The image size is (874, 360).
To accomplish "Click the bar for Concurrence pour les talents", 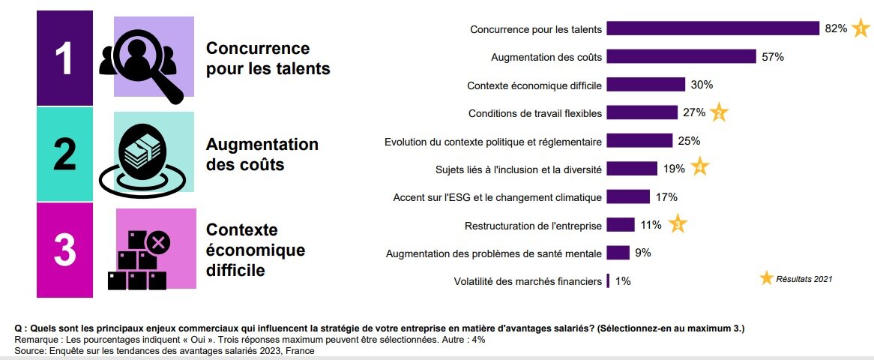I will click(x=712, y=28).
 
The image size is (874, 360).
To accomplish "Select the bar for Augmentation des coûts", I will click(x=681, y=57).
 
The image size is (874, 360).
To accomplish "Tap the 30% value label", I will click(x=702, y=85).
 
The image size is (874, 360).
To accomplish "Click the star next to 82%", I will click(x=861, y=29).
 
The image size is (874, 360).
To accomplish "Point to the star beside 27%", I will click(x=718, y=113).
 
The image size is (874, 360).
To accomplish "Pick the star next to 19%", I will click(x=699, y=169).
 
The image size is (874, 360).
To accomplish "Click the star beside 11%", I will click(x=677, y=223).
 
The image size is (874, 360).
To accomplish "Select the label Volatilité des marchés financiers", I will click(x=528, y=282).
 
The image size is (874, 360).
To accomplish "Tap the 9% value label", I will click(x=642, y=253).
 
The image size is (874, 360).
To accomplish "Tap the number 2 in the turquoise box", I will click(x=64, y=154).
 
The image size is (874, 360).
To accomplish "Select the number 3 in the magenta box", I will click(x=64, y=250).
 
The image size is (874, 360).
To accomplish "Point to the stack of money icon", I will click(x=143, y=153).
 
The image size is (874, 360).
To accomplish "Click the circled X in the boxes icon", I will click(x=157, y=241).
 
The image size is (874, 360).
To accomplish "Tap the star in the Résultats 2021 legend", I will click(x=766, y=278).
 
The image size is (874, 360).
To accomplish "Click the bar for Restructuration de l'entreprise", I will click(x=621, y=225).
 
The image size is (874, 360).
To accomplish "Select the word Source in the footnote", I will click(x=28, y=351).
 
